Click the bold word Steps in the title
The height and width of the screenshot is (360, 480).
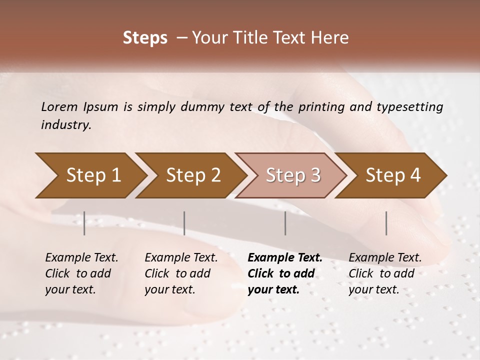(145, 38)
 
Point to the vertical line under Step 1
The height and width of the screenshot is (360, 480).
(84, 223)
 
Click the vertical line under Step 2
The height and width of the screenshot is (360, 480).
(184, 223)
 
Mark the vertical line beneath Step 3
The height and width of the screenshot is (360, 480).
(285, 223)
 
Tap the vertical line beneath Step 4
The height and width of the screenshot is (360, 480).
(386, 223)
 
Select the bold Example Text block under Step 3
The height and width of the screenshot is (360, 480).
(285, 273)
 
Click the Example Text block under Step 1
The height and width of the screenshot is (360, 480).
(81, 273)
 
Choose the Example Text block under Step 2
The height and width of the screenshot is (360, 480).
(181, 273)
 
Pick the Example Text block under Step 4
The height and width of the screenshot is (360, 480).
(385, 273)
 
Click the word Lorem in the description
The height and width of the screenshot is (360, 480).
(59, 106)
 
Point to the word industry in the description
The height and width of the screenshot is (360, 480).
(66, 124)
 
